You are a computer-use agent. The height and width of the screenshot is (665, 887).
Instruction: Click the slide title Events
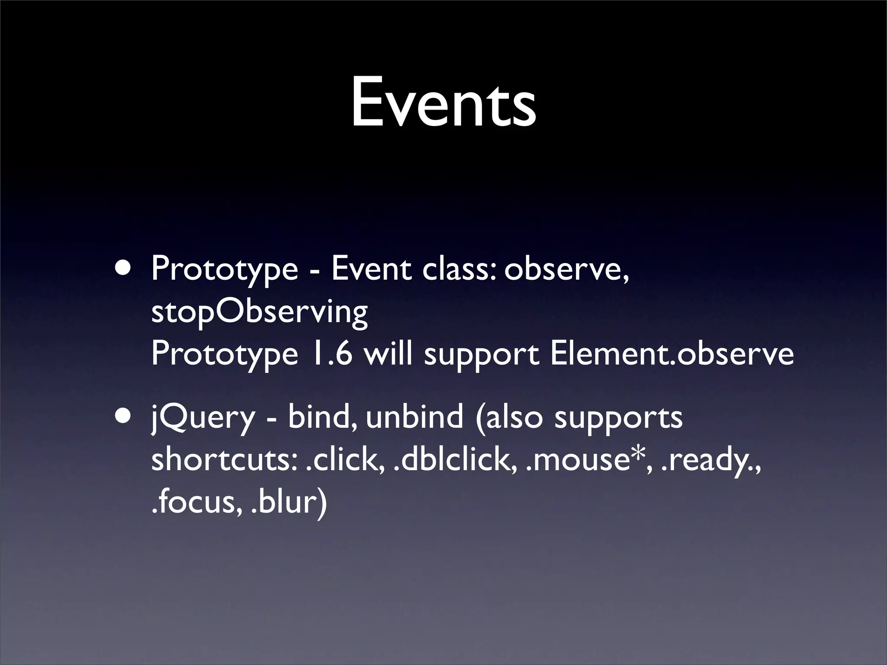point(443,103)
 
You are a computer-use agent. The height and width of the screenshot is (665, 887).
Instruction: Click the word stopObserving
point(259,313)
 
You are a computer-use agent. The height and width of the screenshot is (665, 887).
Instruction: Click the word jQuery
point(203,418)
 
